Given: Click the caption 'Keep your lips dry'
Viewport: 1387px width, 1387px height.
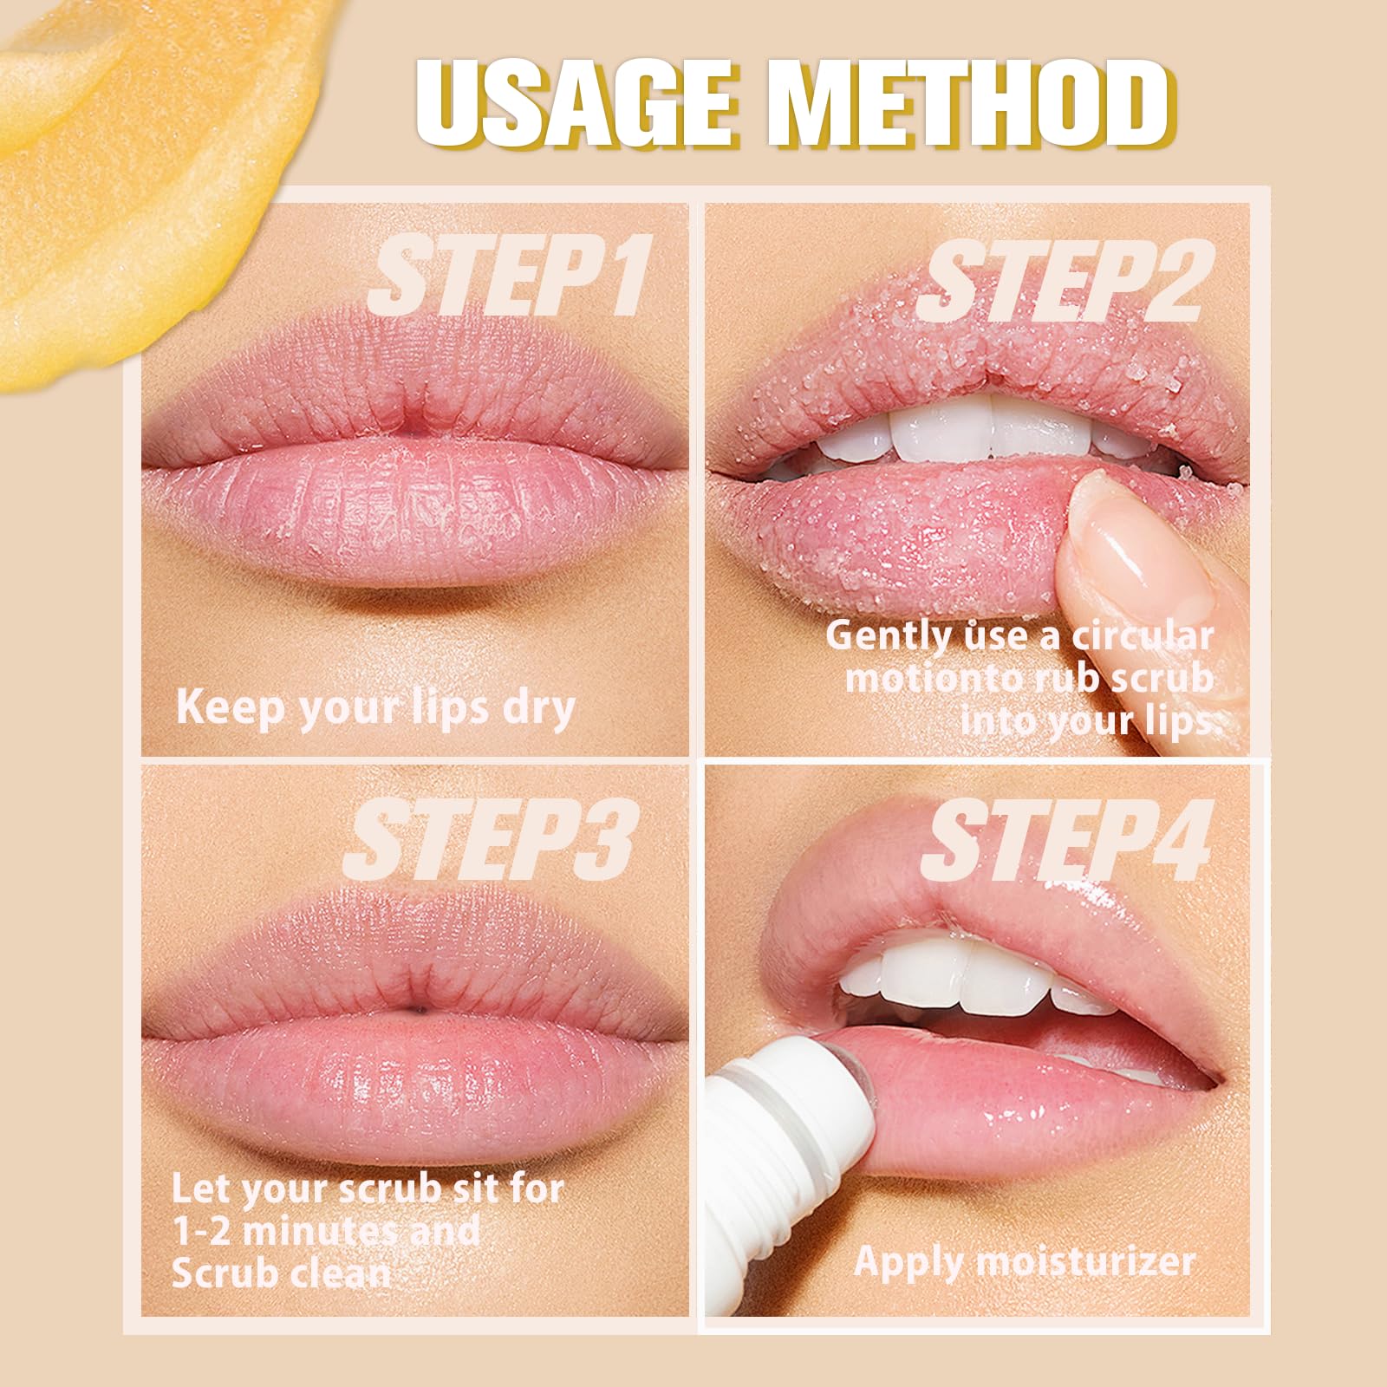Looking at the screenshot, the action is (x=375, y=707).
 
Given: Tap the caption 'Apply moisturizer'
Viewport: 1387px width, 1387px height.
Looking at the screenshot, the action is (x=1025, y=1260).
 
